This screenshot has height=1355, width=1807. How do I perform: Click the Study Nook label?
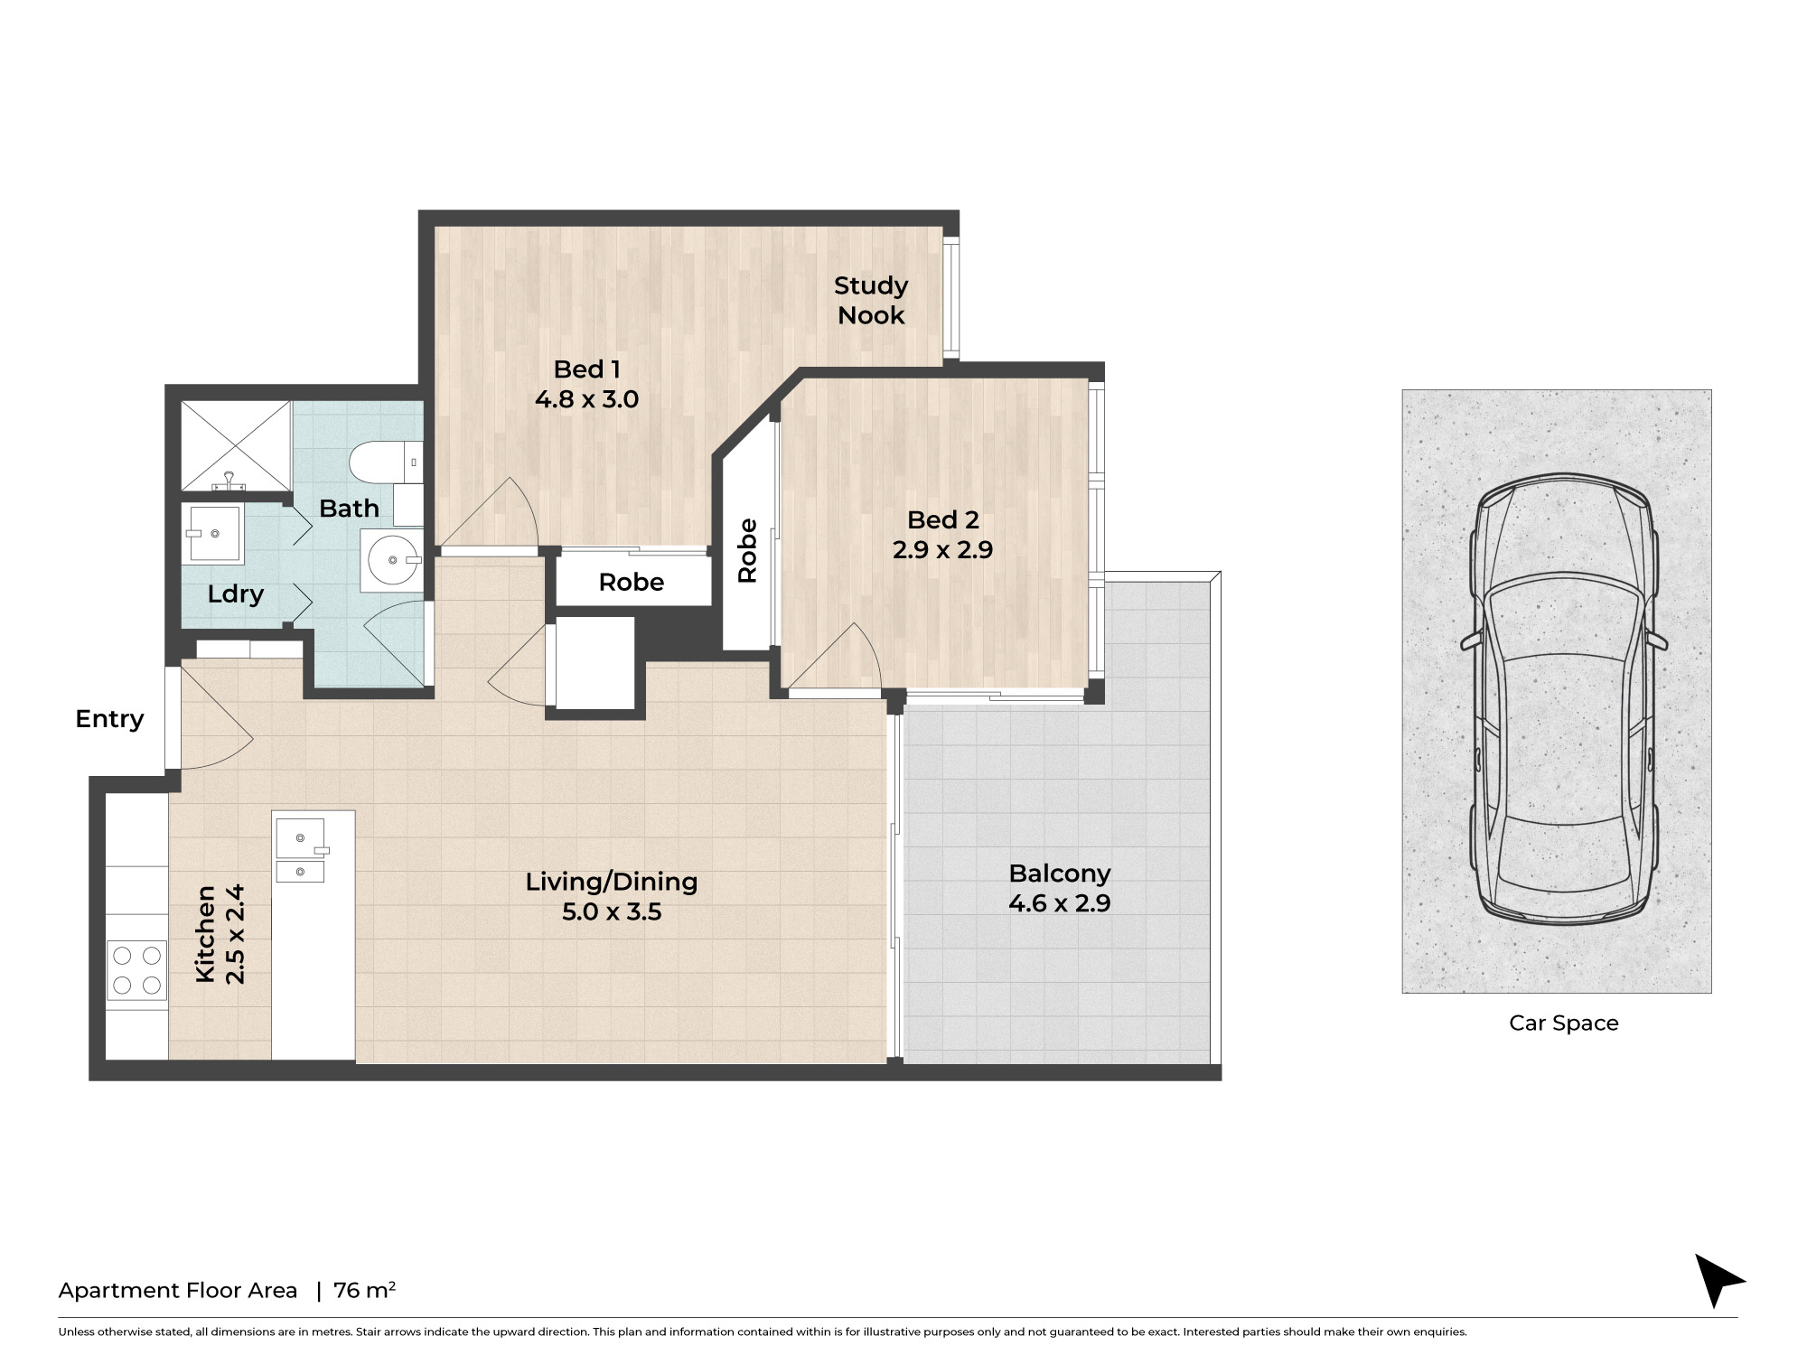click(871, 300)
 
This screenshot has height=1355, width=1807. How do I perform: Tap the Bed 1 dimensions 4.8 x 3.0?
click(587, 399)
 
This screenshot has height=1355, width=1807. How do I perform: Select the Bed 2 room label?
click(943, 520)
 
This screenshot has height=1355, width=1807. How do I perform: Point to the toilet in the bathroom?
click(387, 463)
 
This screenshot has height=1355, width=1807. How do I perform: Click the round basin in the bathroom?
click(392, 560)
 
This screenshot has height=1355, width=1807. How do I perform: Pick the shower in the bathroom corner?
click(237, 446)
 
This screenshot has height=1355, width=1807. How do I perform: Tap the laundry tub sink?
click(213, 533)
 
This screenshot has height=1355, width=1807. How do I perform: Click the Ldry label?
click(236, 594)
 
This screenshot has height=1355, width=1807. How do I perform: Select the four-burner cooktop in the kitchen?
click(137, 970)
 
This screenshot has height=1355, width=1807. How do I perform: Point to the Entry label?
click(109, 719)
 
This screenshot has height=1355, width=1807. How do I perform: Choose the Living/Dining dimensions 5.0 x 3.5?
click(612, 912)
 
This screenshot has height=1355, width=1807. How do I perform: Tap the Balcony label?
click(1060, 874)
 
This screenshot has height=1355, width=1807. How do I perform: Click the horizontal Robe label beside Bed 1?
click(632, 583)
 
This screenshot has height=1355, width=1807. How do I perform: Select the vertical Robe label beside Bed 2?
click(747, 550)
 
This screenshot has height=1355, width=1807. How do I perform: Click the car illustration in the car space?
click(1564, 699)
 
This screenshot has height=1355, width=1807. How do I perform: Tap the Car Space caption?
click(1564, 1023)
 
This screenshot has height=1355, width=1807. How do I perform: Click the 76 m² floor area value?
click(364, 1290)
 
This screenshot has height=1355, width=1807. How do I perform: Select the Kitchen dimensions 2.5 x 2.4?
click(235, 934)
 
